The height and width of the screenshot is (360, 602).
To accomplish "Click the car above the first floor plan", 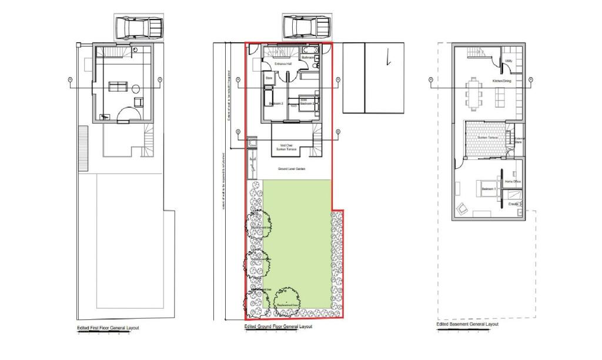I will [x=139, y=27].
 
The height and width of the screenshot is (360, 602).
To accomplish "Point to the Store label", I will [x=269, y=78].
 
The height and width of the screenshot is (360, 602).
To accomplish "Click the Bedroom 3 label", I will [x=276, y=104].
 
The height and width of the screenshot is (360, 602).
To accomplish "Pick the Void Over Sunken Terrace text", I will [x=286, y=147].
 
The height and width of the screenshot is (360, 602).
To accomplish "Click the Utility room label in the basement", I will [x=508, y=61].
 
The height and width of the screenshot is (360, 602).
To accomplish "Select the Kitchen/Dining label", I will [x=501, y=81].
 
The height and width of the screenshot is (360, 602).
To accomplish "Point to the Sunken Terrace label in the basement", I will [x=487, y=138].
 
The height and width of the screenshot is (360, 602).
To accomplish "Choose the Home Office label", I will [x=513, y=182].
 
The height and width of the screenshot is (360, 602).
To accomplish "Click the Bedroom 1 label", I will [x=488, y=189].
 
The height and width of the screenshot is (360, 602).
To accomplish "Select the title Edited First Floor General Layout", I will [x=108, y=328].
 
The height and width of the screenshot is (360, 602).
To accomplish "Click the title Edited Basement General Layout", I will [x=467, y=324].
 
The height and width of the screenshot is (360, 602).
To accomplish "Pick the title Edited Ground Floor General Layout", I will [x=278, y=326].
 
